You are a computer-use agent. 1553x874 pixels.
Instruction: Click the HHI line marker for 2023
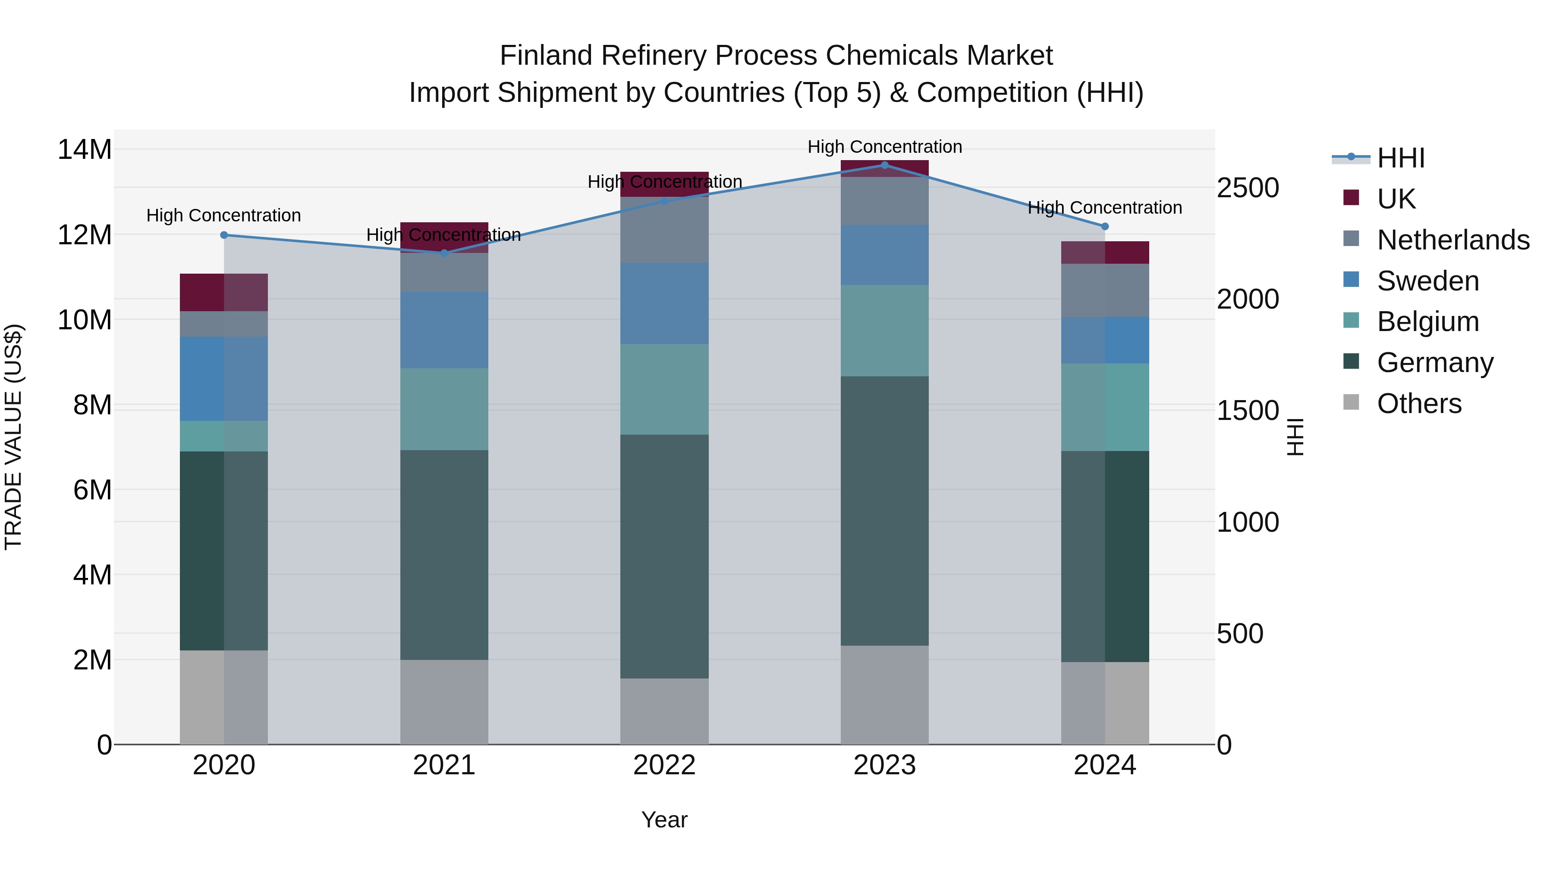tap(884, 165)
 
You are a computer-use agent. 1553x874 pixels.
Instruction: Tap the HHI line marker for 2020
tap(223, 235)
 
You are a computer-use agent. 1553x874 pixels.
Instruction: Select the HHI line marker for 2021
tap(444, 253)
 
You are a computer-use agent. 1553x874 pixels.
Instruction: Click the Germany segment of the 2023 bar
tap(884, 511)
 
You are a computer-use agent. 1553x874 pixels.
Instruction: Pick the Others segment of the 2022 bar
tap(664, 711)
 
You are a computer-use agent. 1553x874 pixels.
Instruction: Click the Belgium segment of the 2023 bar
tap(884, 331)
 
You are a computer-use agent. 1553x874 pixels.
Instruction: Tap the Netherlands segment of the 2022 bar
tap(664, 230)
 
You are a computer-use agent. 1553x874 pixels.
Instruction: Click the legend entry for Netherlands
tap(1453, 240)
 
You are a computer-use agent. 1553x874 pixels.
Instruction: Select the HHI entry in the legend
tap(1400, 158)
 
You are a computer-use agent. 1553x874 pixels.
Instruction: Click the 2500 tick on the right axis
tap(1247, 188)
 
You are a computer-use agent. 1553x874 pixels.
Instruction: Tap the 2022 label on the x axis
tap(664, 765)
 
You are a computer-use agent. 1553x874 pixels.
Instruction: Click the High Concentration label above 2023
tap(884, 147)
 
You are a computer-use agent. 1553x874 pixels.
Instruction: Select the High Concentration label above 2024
tap(1104, 208)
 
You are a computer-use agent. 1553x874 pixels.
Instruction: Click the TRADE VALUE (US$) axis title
tap(13, 437)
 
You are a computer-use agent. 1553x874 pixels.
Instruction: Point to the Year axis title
tap(664, 820)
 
